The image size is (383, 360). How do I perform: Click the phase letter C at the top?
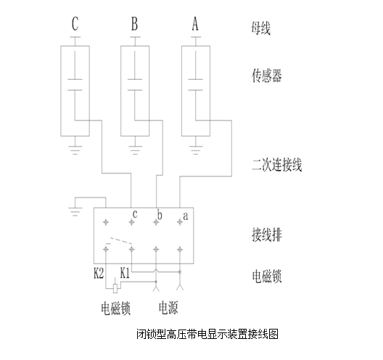(x=75, y=24)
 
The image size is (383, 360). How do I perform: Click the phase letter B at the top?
(x=135, y=24)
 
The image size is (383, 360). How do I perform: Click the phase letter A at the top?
(x=195, y=24)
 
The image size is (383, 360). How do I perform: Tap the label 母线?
(x=261, y=28)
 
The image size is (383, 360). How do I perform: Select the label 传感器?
(x=267, y=75)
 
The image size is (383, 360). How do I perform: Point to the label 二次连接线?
(x=277, y=165)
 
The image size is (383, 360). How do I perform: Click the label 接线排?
(x=267, y=234)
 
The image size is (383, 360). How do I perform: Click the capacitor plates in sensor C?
(x=75, y=85)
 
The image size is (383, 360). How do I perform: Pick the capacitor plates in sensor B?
(x=135, y=85)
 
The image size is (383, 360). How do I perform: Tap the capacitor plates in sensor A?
(x=195, y=85)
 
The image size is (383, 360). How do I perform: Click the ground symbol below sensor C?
(x=75, y=150)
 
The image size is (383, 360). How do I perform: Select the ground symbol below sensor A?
(x=195, y=150)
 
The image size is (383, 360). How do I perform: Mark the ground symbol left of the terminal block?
(x=75, y=212)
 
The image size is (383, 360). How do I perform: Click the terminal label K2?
(x=99, y=273)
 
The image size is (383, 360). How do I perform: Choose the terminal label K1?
(x=125, y=273)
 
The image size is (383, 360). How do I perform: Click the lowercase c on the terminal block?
(x=135, y=214)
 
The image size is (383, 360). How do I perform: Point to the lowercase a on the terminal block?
(x=186, y=216)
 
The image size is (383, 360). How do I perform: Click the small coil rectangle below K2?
(x=115, y=288)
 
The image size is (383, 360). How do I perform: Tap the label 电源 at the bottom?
(x=168, y=308)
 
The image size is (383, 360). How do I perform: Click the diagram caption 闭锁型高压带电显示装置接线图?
(x=207, y=334)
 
